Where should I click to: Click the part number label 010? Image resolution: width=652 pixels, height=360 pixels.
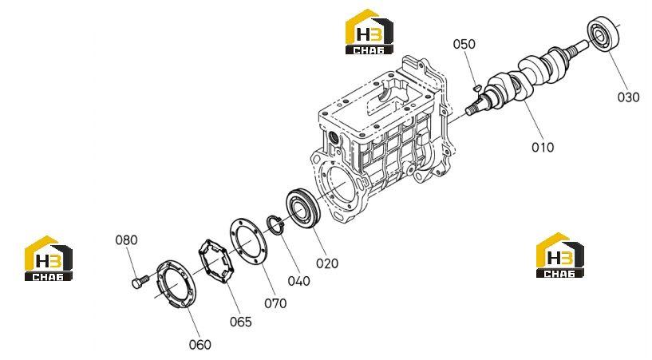pyautogui.click(x=543, y=147)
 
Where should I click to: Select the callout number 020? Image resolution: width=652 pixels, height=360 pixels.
pyautogui.click(x=327, y=263)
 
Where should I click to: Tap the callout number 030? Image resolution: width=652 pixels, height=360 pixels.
pyautogui.click(x=628, y=97)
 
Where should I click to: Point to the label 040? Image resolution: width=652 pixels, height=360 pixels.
pyautogui.click(x=299, y=282)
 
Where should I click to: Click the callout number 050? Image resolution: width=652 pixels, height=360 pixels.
pyautogui.click(x=464, y=44)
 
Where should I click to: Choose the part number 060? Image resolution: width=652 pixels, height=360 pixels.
pyautogui.click(x=200, y=345)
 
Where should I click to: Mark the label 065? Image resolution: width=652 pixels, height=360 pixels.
pyautogui.click(x=241, y=322)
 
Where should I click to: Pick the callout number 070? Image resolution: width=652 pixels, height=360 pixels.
pyautogui.click(x=275, y=303)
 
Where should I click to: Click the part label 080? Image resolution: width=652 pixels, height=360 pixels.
pyautogui.click(x=126, y=239)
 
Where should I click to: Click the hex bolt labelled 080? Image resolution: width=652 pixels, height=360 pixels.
pyautogui.click(x=140, y=281)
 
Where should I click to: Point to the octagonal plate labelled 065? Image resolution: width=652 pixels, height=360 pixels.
pyautogui.click(x=215, y=262)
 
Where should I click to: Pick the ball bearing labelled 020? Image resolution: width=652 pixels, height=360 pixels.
pyautogui.click(x=302, y=208)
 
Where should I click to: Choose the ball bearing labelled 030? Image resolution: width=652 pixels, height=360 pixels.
pyautogui.click(x=603, y=34)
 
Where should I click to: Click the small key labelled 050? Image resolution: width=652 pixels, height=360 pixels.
pyautogui.click(x=477, y=88)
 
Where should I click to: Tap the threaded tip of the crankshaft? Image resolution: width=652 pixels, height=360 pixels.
pyautogui.click(x=471, y=110)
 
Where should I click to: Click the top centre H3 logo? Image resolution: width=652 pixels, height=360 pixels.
pyautogui.click(x=369, y=32)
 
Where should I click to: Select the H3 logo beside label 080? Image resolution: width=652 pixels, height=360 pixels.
pyautogui.click(x=48, y=258)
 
